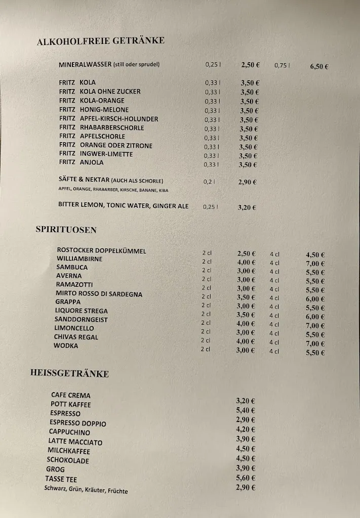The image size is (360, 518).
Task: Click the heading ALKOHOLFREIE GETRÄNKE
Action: point(101,41)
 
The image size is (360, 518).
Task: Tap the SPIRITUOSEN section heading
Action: point(66,230)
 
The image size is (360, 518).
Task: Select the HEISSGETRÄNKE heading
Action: point(69,374)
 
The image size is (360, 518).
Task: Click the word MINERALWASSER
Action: point(85,65)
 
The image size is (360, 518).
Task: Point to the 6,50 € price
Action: point(319,66)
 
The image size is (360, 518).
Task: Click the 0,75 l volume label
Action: point(282,65)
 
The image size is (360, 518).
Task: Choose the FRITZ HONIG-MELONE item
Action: point(94,110)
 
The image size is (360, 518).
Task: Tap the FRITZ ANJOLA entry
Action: point(81,162)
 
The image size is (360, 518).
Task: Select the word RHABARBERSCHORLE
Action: point(112,128)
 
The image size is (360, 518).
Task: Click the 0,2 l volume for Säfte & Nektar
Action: point(209,182)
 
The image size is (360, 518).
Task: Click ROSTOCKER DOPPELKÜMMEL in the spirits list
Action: point(101,250)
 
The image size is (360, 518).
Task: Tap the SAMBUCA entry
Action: point(72,267)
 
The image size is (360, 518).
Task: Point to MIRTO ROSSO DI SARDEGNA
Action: point(99,294)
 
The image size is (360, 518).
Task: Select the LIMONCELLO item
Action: point(74,328)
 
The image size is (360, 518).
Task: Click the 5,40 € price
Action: point(246,410)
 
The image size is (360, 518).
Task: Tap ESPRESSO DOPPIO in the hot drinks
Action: point(78,423)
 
